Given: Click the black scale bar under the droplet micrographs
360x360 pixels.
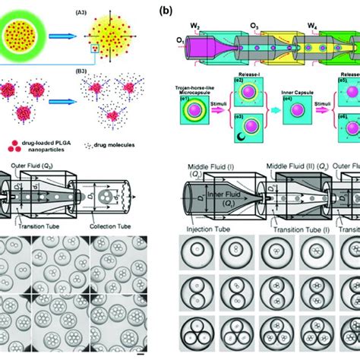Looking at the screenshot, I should click(x=140, y=352).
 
